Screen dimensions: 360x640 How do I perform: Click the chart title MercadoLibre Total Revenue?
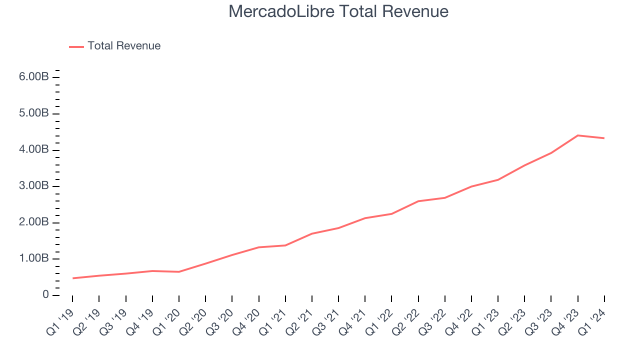[x=338, y=11]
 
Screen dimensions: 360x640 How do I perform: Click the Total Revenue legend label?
[x=124, y=46]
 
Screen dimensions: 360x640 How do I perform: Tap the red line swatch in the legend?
[x=76, y=46]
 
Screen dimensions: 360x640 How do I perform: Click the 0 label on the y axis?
[x=46, y=295]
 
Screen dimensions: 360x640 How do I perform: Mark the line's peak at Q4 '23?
[x=577, y=135]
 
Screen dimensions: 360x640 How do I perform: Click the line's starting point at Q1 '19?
[x=72, y=278]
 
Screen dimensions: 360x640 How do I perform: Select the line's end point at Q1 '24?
[x=604, y=138]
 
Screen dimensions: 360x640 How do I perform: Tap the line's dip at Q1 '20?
[x=179, y=271]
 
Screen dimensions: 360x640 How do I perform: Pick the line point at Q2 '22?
[x=418, y=201]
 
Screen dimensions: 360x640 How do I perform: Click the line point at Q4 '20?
[x=258, y=247]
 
